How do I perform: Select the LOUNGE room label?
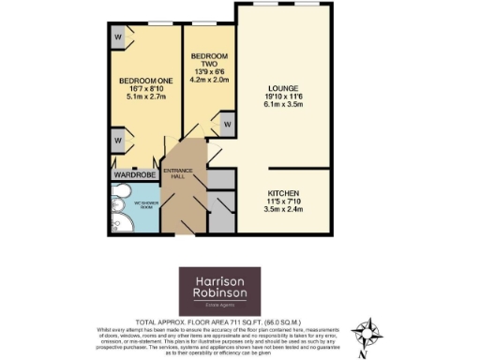click(x=282, y=88)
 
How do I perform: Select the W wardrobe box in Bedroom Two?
click(x=226, y=123)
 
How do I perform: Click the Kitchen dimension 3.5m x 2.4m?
click(x=282, y=209)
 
